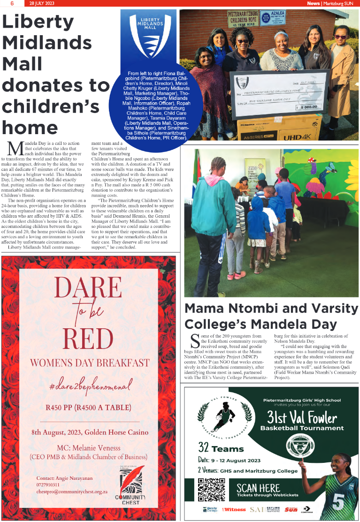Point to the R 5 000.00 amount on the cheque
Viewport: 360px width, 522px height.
(x=310, y=107)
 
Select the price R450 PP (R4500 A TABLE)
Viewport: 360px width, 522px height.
(x=89, y=407)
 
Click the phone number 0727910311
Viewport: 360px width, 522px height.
(x=48, y=484)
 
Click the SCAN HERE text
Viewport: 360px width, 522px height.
(x=258, y=487)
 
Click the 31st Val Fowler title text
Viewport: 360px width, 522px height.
(x=302, y=416)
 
